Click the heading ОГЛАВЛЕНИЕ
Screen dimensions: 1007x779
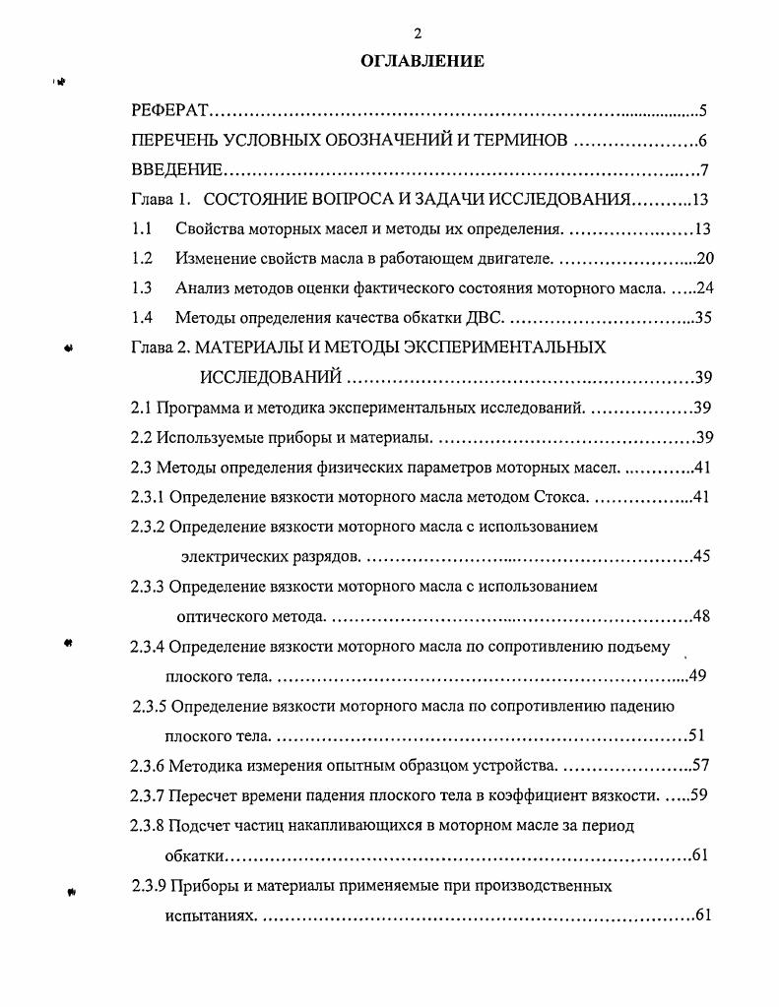[422, 61]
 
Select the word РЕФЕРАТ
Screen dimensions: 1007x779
[167, 110]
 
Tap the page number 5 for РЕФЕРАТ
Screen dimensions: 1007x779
[702, 110]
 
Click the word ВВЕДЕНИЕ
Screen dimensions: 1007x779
[178, 170]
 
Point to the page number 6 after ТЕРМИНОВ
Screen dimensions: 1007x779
[702, 141]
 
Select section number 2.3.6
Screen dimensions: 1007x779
[148, 765]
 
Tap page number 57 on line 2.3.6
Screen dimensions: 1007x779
[701, 765]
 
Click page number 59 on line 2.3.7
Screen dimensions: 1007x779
[699, 794]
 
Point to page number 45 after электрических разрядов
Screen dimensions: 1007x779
[701, 556]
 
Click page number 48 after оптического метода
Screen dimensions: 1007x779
[701, 617]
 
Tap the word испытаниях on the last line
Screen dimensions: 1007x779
[210, 915]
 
